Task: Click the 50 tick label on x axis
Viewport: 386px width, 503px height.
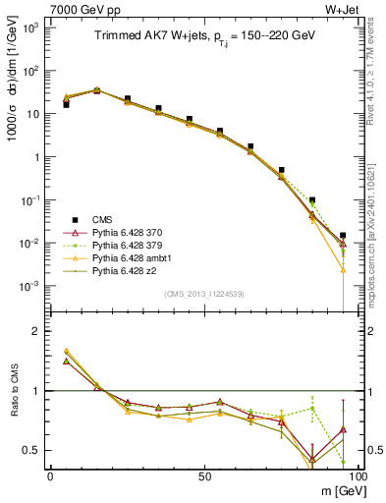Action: [x=203, y=475]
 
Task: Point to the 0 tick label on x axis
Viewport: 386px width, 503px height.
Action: [x=50, y=475]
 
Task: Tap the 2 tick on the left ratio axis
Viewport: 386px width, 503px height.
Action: [x=36, y=332]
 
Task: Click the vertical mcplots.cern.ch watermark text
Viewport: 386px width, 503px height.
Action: [x=375, y=196]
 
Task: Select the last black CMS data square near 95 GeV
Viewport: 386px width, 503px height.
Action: [x=342, y=236]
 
